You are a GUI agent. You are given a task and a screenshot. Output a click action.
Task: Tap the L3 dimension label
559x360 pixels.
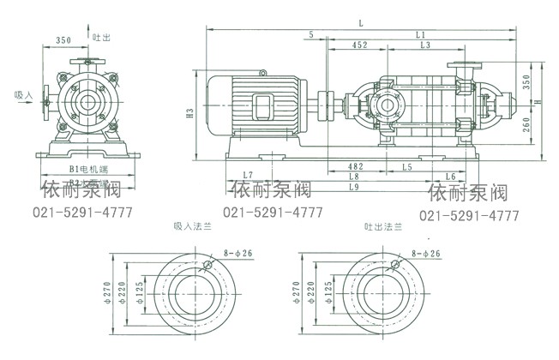tap(425, 45)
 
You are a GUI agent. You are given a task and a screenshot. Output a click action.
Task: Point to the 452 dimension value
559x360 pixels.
tap(359, 45)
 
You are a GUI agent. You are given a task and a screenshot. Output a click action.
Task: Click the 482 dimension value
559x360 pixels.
tap(355, 165)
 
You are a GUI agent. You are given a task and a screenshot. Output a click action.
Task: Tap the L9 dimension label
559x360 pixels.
tap(355, 185)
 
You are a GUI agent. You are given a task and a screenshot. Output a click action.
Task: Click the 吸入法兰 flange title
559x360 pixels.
tap(190, 228)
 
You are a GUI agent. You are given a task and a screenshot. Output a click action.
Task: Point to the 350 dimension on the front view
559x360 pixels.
tap(63, 39)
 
